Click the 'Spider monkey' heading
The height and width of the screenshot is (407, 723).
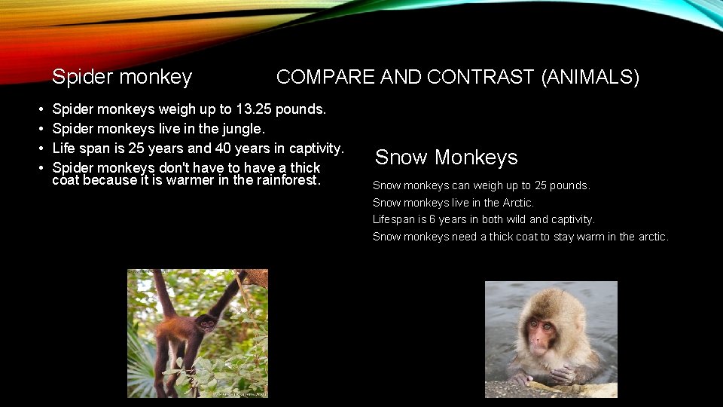pyautogui.click(x=121, y=77)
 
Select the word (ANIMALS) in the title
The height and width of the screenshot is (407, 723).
pyautogui.click(x=590, y=77)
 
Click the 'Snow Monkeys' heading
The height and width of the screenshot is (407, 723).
pyautogui.click(x=446, y=158)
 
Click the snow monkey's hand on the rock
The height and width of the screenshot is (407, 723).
pyautogui.click(x=560, y=373)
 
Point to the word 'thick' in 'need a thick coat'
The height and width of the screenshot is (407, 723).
pyautogui.click(x=493, y=237)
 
